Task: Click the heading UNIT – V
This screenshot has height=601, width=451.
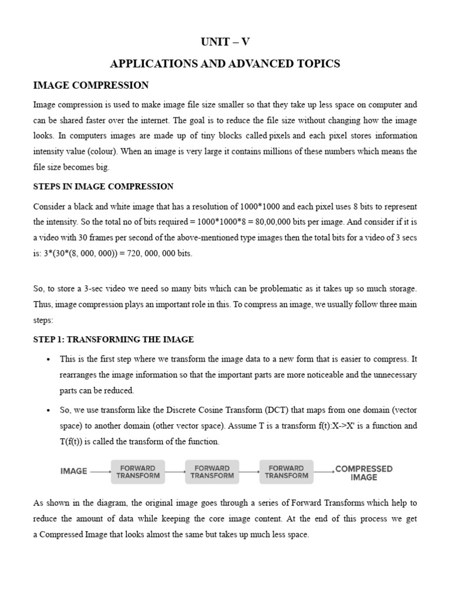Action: point(225,42)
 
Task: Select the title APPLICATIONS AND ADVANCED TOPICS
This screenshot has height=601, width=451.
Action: point(225,64)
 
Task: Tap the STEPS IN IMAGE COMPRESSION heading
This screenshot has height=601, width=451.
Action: point(103,187)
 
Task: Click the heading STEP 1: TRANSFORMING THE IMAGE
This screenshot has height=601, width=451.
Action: point(114,340)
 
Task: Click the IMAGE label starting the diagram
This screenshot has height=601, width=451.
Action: point(74,471)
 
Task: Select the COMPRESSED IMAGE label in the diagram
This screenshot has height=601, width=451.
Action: point(364,473)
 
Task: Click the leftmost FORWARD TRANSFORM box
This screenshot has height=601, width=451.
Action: point(138,472)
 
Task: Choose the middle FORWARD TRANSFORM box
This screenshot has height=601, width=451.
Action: point(212,472)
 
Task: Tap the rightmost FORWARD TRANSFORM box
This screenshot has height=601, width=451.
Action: point(287,472)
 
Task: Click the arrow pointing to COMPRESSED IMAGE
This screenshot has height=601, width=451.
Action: point(324,471)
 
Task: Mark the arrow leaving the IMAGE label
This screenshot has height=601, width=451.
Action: point(100,471)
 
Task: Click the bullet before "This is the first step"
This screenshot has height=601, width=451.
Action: point(47,359)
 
